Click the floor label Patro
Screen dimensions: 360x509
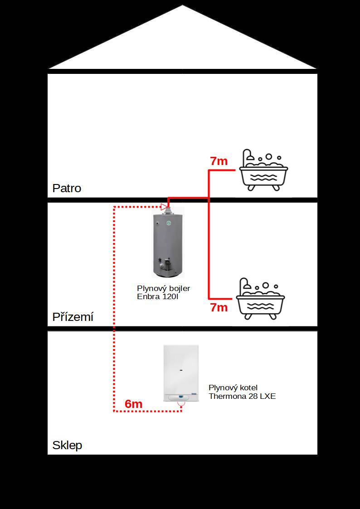(67, 188)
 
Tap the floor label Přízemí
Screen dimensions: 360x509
(73, 316)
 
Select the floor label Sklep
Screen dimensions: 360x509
(67, 445)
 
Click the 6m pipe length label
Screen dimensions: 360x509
(133, 404)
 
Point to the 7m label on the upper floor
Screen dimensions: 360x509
(219, 161)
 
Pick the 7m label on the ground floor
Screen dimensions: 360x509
(219, 307)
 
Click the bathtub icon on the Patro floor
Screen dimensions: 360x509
(263, 170)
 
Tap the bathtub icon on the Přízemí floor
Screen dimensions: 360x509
(260, 298)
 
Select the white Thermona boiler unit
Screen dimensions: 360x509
(181, 373)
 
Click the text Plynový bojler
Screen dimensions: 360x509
(163, 289)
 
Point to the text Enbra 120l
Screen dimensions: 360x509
(158, 297)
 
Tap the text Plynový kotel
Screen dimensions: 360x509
(233, 388)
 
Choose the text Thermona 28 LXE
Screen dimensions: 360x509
(242, 396)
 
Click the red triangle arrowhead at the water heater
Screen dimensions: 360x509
(164, 207)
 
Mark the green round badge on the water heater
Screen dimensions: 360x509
(169, 223)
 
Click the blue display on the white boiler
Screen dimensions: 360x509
(180, 396)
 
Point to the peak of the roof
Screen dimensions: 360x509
(182, 5)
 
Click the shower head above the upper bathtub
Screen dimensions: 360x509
(250, 157)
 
